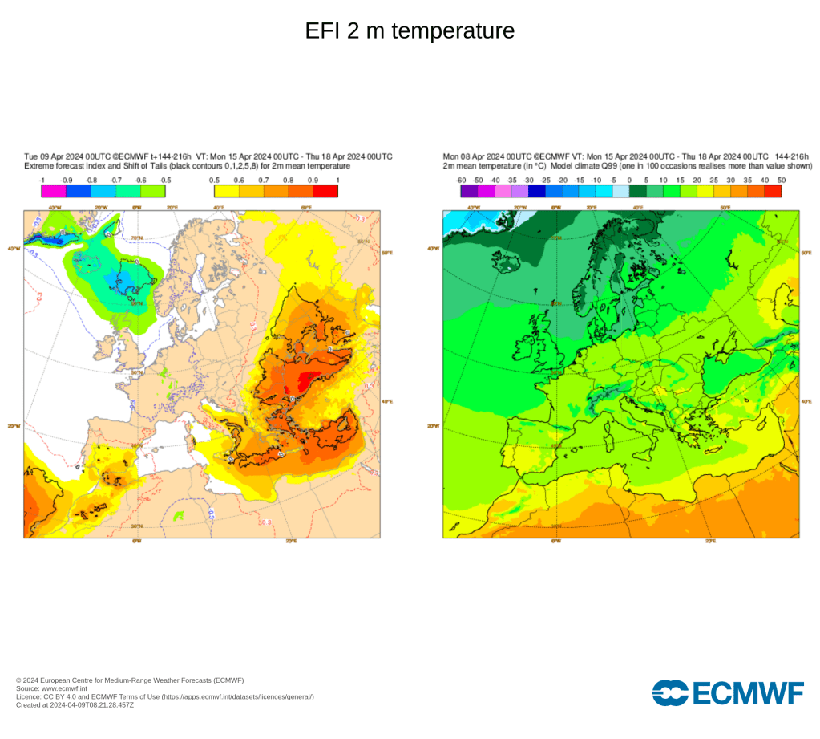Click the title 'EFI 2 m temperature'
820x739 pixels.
(x=410, y=31)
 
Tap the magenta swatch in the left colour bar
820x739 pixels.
(x=54, y=191)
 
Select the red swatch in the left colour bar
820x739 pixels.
(x=325, y=191)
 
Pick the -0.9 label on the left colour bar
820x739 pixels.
(x=67, y=180)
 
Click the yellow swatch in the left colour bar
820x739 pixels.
(x=226, y=191)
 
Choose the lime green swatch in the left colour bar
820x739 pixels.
(x=153, y=191)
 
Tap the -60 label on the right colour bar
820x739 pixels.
(x=461, y=180)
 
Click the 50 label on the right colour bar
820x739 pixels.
(x=782, y=180)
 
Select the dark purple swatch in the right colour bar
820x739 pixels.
(x=469, y=191)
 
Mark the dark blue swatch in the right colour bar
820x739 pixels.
(x=536, y=191)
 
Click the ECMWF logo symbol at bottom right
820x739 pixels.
(x=669, y=692)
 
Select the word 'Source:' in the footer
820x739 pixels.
(x=28, y=688)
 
